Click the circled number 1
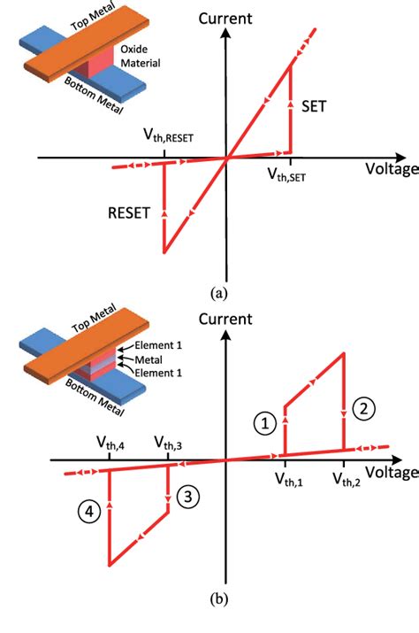coord(263,424)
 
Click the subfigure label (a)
coord(218,289)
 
